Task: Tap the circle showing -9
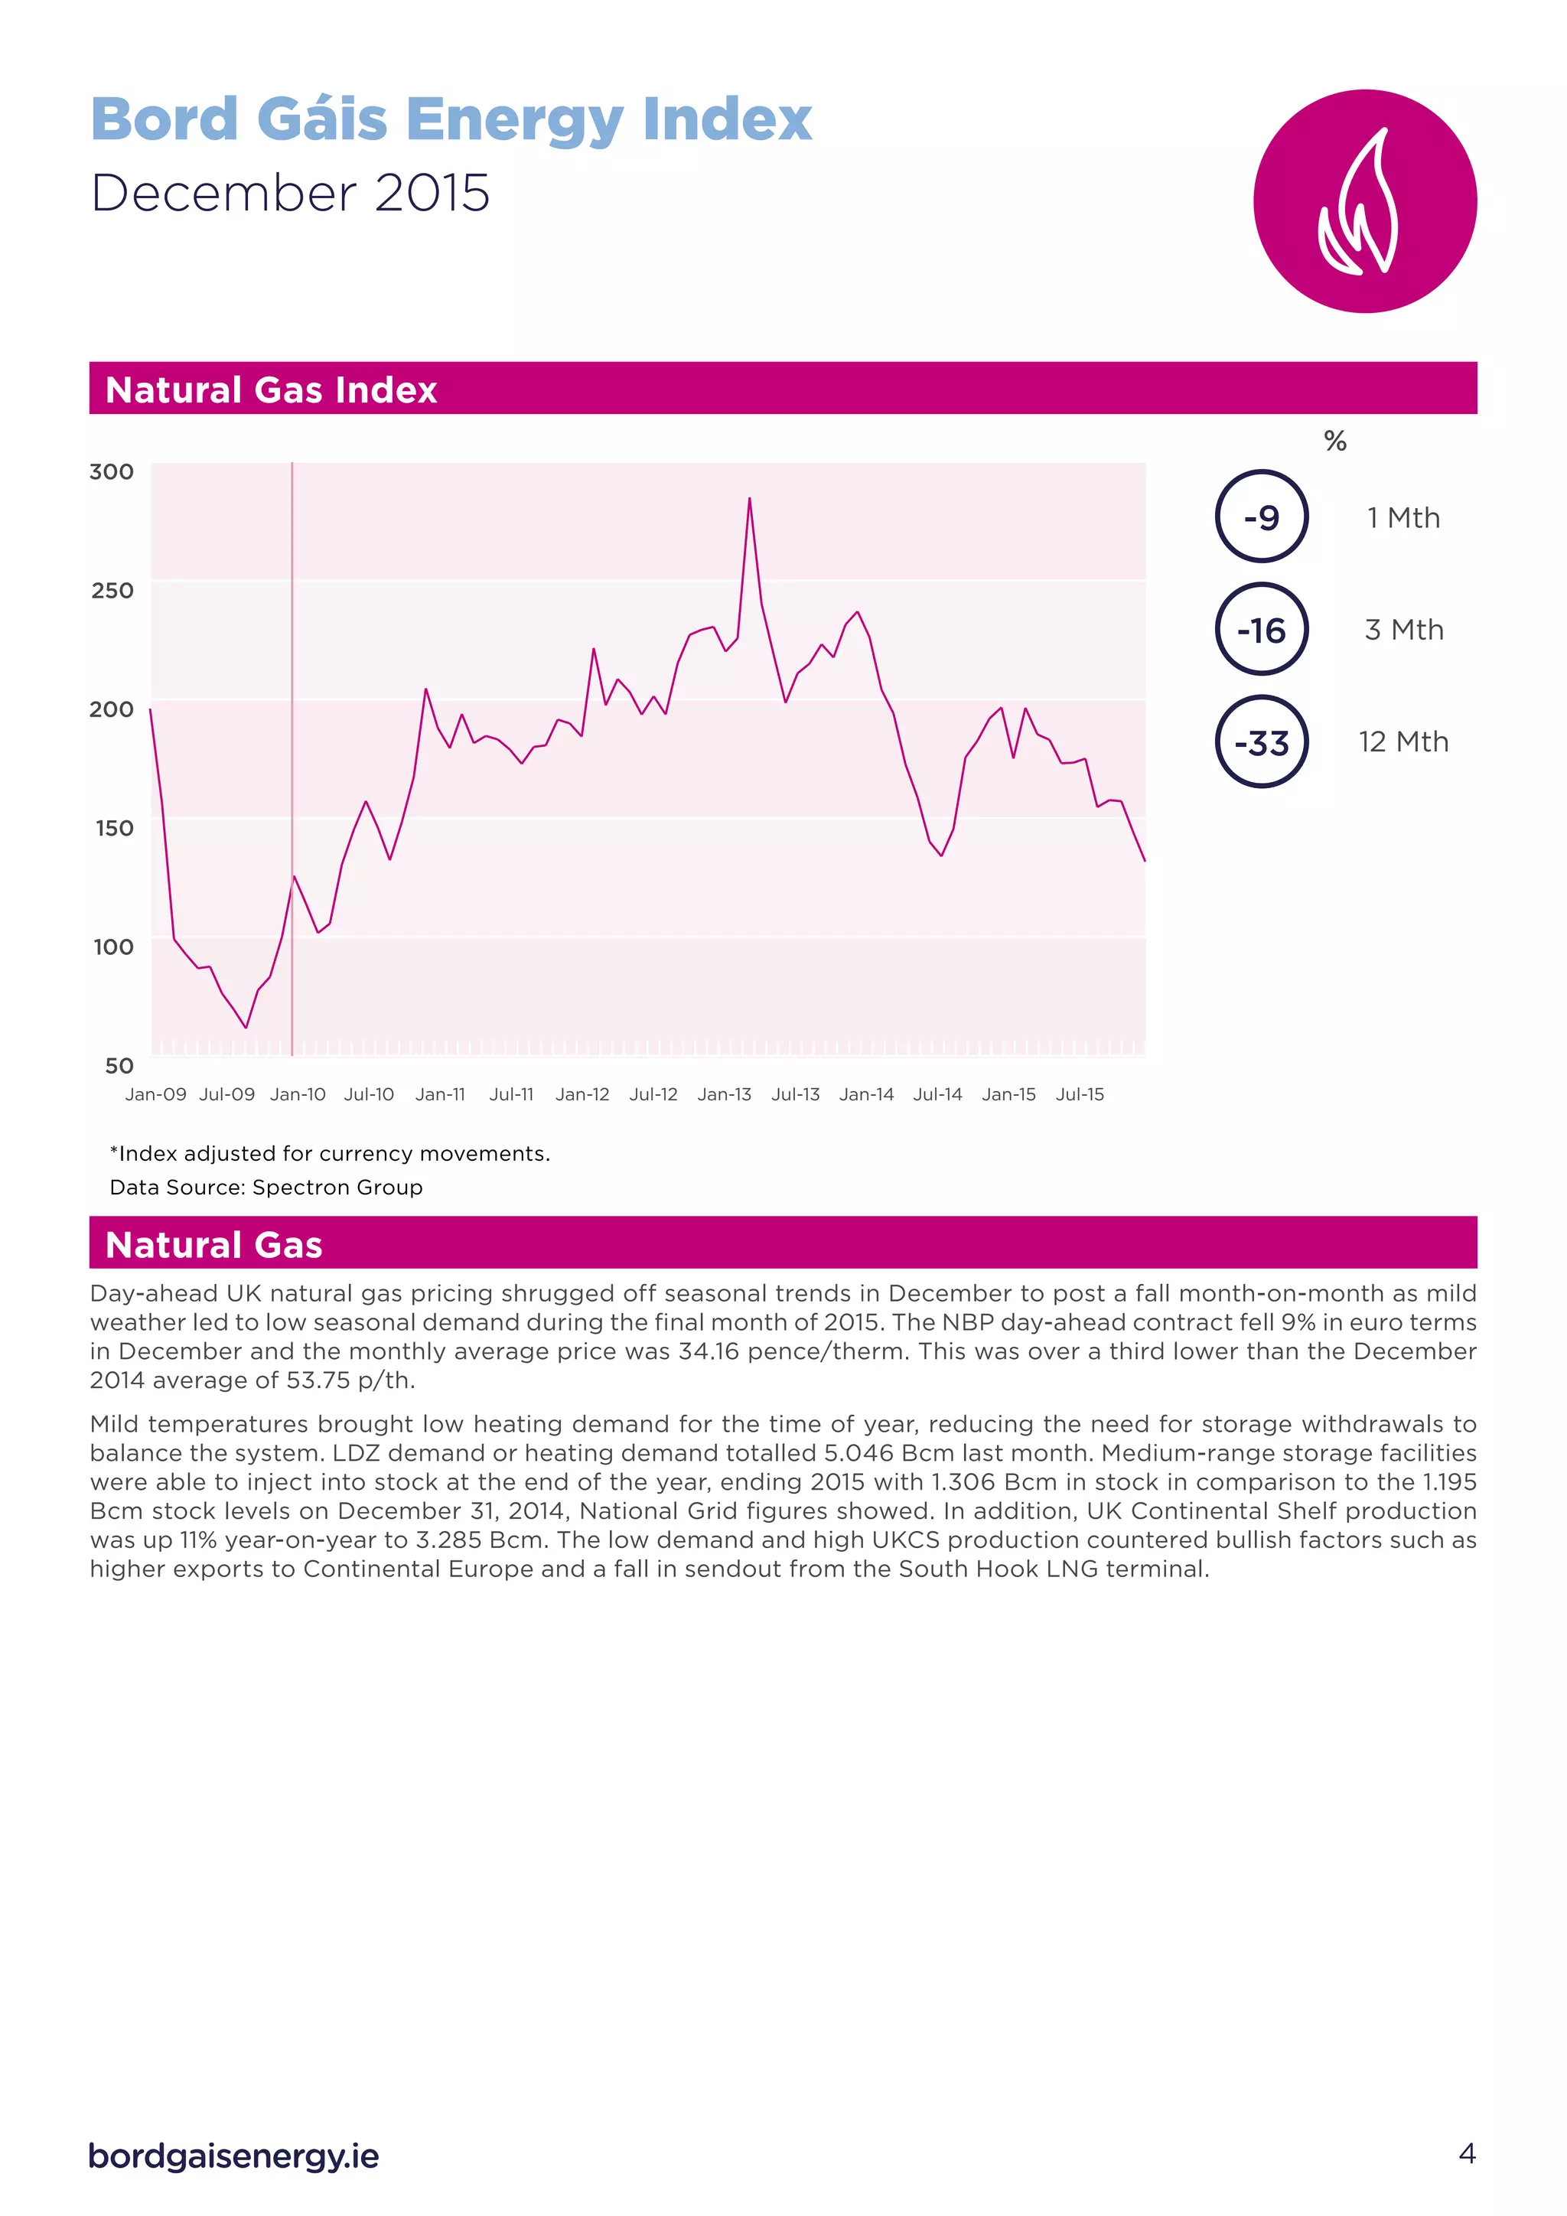[1261, 517]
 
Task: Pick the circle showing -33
[1261, 742]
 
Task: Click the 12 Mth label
[1403, 742]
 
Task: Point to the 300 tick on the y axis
[112, 472]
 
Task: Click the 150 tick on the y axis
[114, 828]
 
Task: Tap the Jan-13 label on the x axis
[724, 1094]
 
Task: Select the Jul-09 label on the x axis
[226, 1094]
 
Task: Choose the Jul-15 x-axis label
[1080, 1094]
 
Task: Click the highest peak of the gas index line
[750, 499]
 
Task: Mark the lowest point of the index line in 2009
[246, 1027]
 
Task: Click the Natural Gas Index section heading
[271, 390]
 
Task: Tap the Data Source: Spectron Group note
[266, 1187]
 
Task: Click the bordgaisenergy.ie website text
[233, 2156]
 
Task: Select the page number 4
[1467, 2153]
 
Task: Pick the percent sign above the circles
[1334, 442]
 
